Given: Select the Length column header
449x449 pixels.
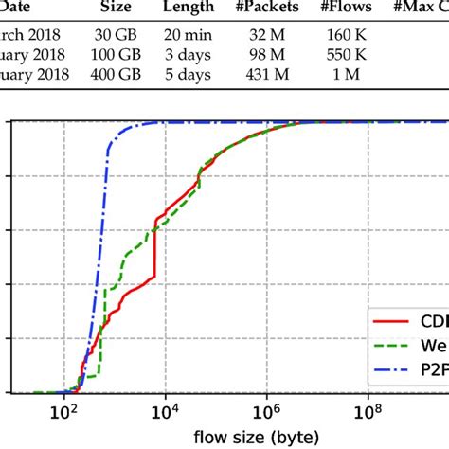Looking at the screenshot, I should pyautogui.click(x=197, y=8).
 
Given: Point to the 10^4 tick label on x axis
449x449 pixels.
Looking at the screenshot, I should pyautogui.click(x=165, y=413).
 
